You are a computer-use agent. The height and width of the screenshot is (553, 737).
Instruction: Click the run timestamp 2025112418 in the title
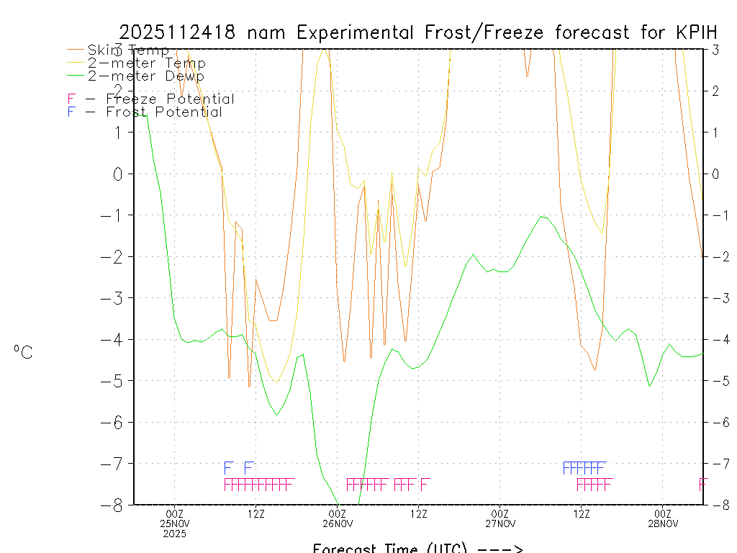179,32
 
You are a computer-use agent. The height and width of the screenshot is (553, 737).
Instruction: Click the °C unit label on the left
23,352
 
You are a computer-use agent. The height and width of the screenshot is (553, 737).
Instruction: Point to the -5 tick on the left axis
117,380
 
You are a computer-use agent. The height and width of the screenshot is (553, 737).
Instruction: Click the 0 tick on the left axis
119,174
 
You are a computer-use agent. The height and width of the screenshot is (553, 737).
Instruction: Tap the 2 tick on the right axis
716,91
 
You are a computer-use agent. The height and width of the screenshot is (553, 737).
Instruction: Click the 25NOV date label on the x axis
175,523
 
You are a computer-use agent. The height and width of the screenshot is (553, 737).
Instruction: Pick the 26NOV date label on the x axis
338,523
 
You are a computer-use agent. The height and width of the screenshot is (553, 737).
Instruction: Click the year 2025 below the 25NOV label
175,534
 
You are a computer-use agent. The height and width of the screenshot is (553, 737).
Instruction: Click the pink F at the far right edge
703,485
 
